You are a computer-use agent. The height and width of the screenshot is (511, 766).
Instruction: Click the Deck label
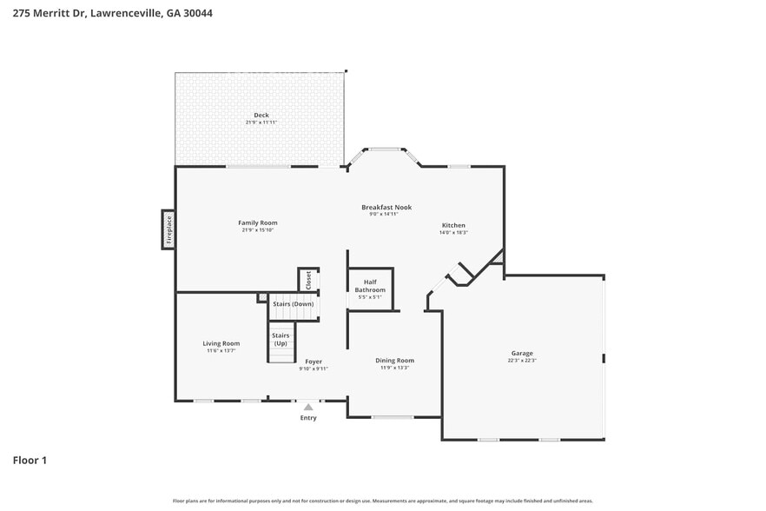coord(261,116)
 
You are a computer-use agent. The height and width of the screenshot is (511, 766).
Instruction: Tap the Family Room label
coord(258,222)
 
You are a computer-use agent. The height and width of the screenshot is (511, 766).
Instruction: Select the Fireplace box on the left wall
coord(168,229)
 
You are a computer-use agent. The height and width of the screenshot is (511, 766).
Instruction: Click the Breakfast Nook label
coord(386,207)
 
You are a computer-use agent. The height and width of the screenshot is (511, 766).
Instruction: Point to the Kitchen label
coord(452,225)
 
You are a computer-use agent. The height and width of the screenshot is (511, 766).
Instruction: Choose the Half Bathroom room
coord(370,289)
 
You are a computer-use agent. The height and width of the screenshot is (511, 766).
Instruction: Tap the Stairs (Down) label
coord(294,304)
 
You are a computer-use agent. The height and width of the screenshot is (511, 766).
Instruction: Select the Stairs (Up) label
coord(281,339)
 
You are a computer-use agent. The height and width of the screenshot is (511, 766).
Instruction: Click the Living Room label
coord(221,343)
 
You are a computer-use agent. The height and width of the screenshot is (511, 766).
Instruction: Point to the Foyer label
coord(314,361)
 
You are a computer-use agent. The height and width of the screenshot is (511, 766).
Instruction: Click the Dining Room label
coord(394,361)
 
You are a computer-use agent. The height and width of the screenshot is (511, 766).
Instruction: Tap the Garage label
coord(522,354)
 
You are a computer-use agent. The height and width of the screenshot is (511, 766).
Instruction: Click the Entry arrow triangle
coord(308,407)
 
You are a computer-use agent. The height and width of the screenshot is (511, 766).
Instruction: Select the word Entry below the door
coord(308,418)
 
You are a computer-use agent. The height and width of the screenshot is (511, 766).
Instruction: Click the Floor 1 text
coord(30,460)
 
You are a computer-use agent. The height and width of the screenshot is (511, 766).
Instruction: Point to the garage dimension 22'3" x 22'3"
coord(522,361)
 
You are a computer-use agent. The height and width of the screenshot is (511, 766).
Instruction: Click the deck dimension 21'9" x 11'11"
coord(261,123)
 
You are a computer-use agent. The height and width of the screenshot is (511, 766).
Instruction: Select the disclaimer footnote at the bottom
coord(383,501)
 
